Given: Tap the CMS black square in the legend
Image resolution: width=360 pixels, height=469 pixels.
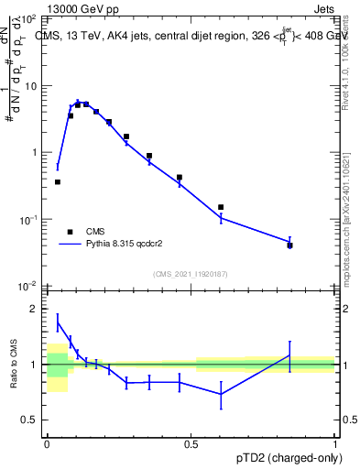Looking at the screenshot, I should pos(70,232).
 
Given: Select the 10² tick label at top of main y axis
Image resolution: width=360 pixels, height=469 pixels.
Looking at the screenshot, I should pos(28,19).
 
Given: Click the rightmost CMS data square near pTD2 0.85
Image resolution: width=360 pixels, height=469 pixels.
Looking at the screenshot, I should pos(290,245).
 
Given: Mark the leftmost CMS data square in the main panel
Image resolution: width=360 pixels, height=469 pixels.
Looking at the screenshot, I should pos(58,182).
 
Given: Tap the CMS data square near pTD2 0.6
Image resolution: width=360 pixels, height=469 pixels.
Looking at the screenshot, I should pos(221,207).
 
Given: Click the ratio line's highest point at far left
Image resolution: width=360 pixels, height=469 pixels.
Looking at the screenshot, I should pos(58,322).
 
